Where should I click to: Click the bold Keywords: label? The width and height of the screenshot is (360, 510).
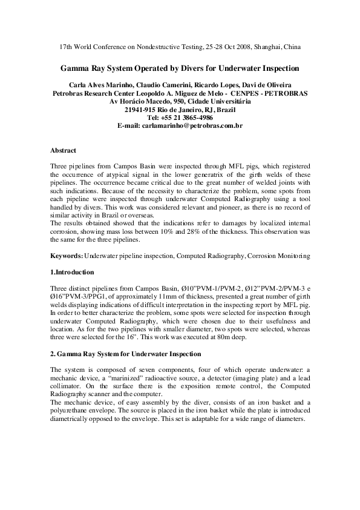coord(67,256)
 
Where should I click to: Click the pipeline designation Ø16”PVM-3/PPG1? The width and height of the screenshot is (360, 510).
coord(80,297)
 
